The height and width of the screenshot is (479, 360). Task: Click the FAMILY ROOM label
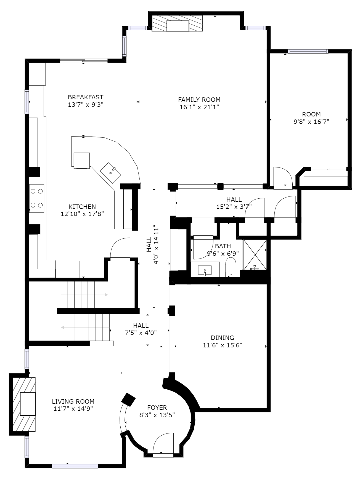[199, 100]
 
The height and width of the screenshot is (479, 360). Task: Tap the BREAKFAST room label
[86, 97]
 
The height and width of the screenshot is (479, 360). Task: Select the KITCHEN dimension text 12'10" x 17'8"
[82, 214]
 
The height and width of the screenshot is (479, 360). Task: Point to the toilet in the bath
[231, 267]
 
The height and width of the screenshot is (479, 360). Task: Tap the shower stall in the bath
[255, 254]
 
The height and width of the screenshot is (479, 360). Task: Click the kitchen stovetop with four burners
[37, 198]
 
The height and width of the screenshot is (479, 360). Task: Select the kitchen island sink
[110, 173]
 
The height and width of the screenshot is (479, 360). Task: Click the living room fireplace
[24, 404]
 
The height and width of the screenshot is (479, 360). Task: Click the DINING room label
[223, 338]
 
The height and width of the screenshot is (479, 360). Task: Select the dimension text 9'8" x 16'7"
[311, 121]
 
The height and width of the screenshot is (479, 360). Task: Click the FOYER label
[157, 408]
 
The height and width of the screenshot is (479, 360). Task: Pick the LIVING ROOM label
[73, 401]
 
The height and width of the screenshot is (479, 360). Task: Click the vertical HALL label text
[149, 244]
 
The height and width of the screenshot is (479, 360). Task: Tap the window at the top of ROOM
[308, 51]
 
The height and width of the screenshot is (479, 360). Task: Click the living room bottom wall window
[75, 466]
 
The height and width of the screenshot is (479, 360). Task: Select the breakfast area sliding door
[84, 61]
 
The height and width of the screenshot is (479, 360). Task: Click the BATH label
[223, 246]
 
